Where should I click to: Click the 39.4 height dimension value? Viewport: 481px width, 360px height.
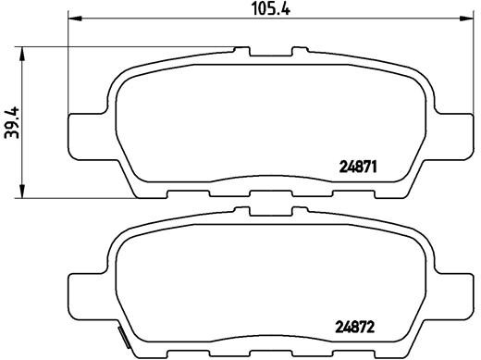[11, 120]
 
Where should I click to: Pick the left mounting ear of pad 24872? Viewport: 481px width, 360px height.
[89, 290]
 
